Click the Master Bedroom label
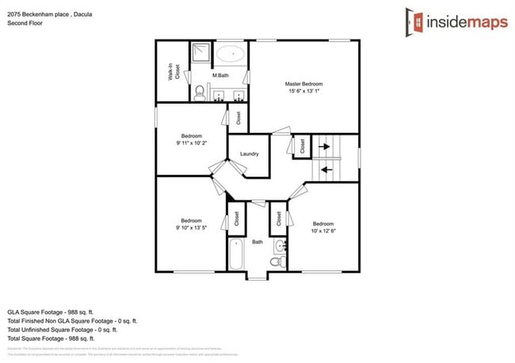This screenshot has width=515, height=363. tap(303, 84)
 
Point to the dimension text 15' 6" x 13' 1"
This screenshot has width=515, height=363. tap(303, 92)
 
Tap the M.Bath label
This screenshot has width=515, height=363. tap(219, 75)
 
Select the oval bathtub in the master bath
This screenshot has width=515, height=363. tap(231, 55)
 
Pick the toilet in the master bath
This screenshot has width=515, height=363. tap(200, 94)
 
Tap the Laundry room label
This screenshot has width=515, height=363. tap(250, 153)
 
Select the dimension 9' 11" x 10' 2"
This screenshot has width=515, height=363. tap(192, 143)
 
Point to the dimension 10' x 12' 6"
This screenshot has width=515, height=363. tap(323, 231)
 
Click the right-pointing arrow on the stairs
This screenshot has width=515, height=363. tap(324, 146)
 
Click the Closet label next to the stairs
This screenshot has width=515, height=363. tap(301, 146)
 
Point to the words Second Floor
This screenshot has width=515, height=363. tap(25, 23)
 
